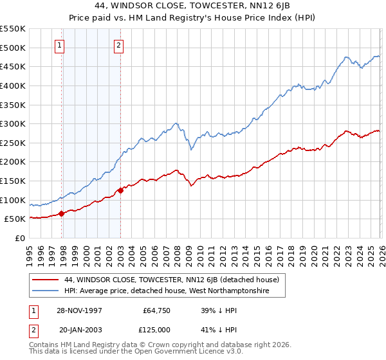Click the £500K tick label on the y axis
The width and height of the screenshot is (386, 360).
13,48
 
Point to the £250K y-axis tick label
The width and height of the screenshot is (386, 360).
13,143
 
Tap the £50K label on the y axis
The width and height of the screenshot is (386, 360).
15,219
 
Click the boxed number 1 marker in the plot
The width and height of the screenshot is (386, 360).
59,45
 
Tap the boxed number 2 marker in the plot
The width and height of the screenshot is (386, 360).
120,45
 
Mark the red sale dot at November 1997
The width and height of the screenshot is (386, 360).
62,213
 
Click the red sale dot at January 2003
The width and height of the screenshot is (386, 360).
120,190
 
